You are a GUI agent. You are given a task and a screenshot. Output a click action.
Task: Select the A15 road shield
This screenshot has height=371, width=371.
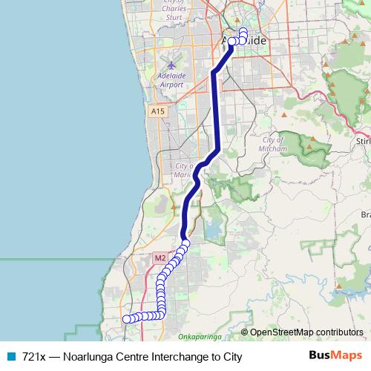click(x=157, y=111)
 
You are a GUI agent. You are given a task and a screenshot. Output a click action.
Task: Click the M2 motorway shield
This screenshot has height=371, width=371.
click(x=160, y=257)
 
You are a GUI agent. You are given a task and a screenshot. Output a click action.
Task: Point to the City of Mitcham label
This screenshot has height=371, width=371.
click(x=274, y=144)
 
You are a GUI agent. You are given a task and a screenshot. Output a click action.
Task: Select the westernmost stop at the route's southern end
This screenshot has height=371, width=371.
click(x=125, y=319)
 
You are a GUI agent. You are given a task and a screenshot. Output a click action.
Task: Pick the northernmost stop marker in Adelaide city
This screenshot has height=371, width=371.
click(x=243, y=31)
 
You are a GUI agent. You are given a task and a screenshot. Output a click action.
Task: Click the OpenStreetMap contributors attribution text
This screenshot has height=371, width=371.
click(x=306, y=332)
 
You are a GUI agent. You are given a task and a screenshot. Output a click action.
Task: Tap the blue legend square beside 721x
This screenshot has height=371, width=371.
click(x=11, y=357)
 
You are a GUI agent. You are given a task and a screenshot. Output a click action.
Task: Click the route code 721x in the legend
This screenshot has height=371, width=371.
click(x=34, y=357)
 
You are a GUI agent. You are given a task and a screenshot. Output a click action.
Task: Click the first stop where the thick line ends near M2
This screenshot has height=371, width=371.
click(x=186, y=243)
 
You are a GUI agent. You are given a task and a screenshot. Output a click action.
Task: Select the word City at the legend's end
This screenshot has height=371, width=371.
click(x=232, y=357)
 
